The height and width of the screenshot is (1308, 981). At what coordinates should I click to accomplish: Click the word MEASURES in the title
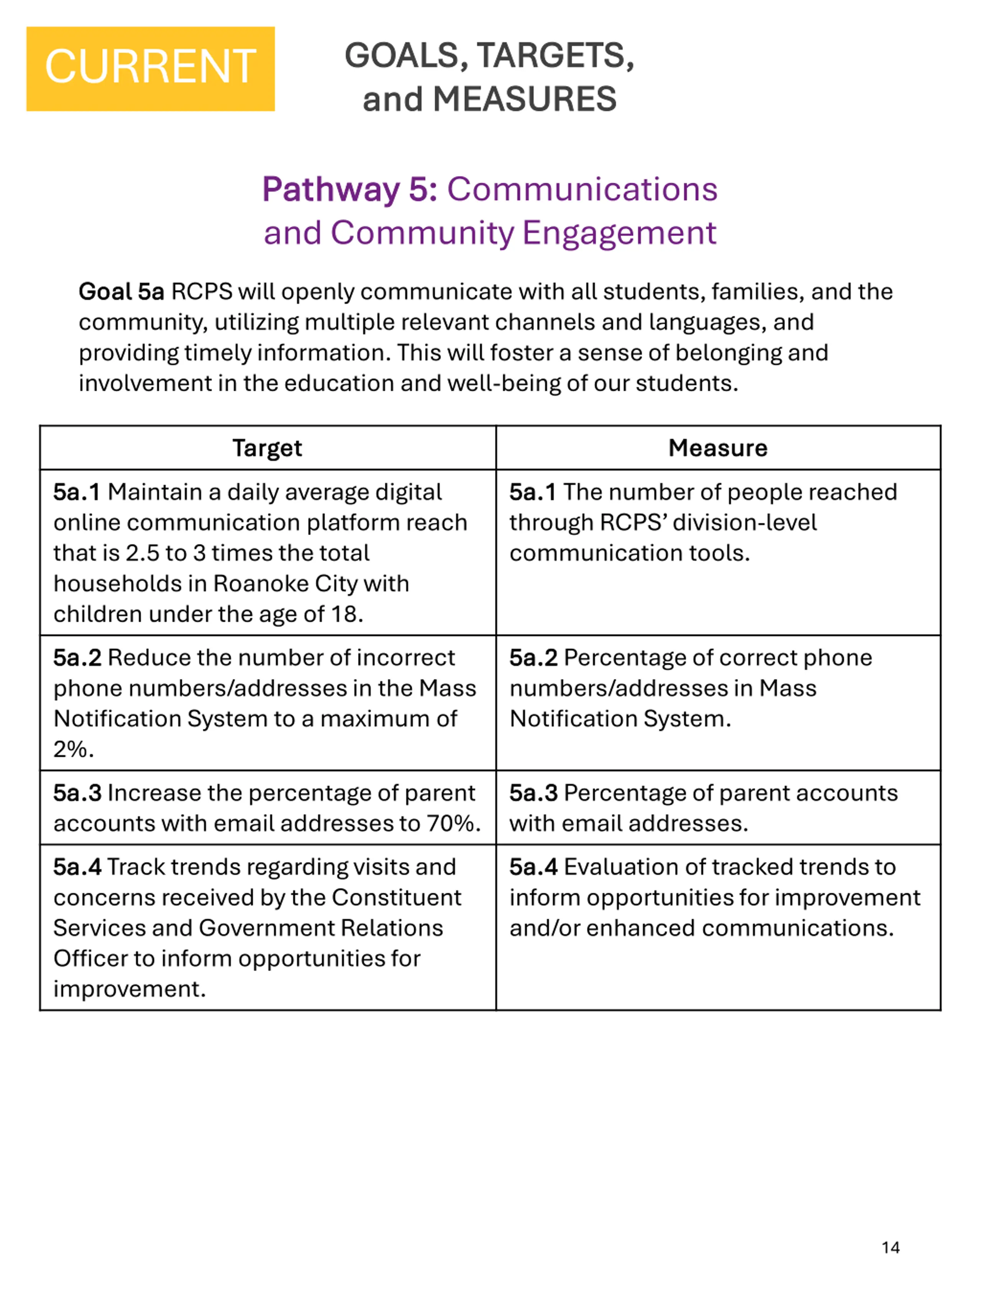(x=525, y=99)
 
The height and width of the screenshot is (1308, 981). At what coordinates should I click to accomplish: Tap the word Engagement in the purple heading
(x=619, y=233)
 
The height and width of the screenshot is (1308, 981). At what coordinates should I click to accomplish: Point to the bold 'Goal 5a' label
(x=121, y=292)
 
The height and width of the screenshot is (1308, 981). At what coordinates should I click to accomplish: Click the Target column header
(x=267, y=448)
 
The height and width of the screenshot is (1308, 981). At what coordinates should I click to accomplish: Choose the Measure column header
(x=718, y=448)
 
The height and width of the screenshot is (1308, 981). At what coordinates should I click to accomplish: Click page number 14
(x=891, y=1247)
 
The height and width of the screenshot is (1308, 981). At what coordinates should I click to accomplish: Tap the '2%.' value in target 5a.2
(x=73, y=749)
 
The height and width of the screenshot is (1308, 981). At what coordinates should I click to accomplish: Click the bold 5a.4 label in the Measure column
(x=533, y=867)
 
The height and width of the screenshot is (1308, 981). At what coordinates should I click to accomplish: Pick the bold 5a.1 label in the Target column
(x=77, y=492)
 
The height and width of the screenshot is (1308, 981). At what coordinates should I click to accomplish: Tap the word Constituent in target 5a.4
(x=396, y=898)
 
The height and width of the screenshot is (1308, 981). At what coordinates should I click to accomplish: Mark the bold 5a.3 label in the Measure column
(x=533, y=793)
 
